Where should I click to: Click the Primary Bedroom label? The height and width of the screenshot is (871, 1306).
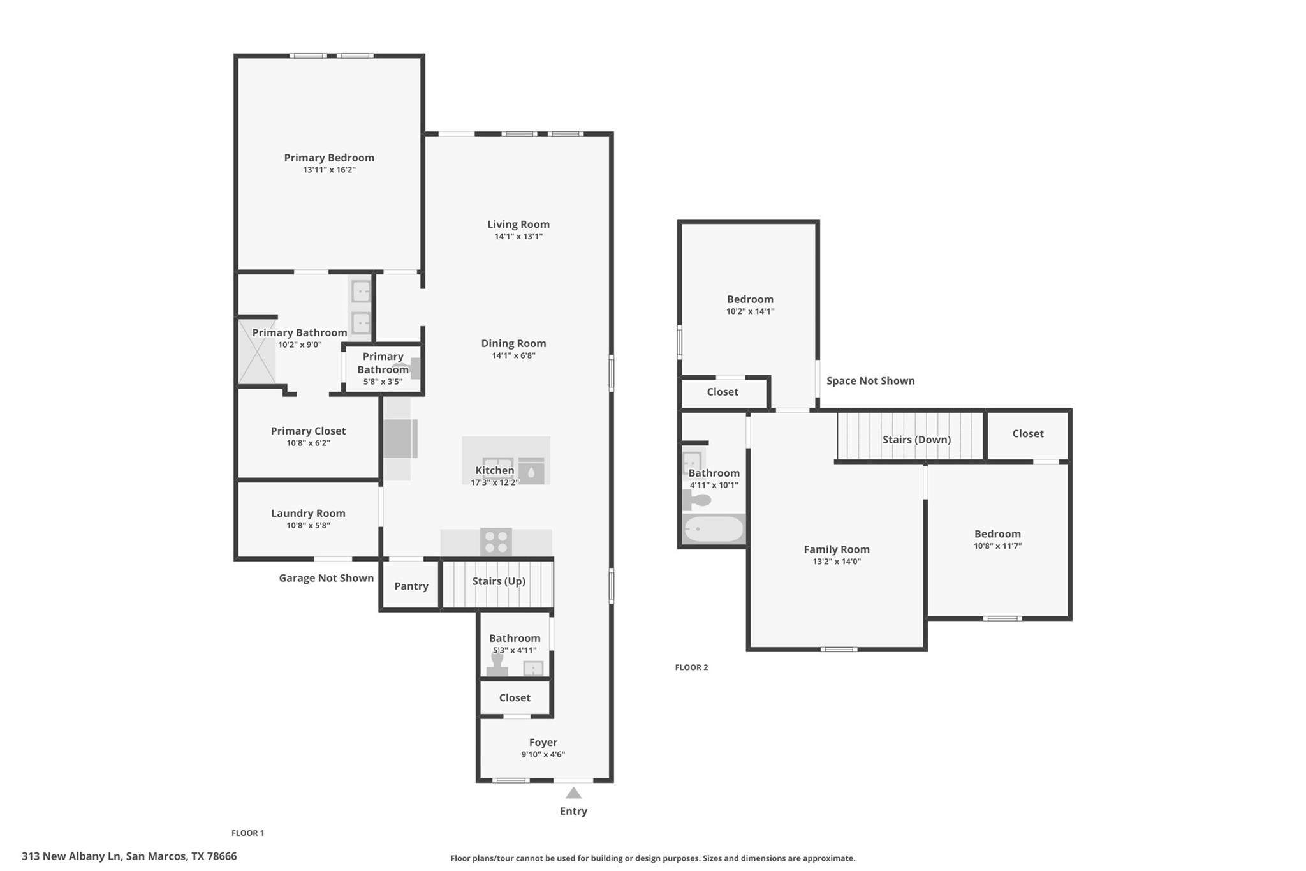coord(329,158)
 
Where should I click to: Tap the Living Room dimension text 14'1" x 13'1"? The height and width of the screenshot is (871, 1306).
coord(518,236)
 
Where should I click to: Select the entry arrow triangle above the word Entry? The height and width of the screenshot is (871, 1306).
coord(573,793)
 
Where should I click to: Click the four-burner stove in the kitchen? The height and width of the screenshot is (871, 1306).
coord(495,542)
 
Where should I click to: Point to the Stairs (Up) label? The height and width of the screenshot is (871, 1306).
coord(499,581)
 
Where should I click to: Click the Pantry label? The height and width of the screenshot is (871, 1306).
coord(411,586)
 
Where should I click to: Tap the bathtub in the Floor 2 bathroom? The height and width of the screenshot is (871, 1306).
coord(713,529)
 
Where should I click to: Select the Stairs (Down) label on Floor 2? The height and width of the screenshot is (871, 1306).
coord(916,440)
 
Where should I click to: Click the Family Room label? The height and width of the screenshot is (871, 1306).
coord(836,549)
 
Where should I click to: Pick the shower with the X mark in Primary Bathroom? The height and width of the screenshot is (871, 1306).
coord(257,352)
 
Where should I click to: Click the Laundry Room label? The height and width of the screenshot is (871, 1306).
coord(308,513)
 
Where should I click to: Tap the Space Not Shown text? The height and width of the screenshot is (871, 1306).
coord(870,381)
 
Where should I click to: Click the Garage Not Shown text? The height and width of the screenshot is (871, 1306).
coord(326,578)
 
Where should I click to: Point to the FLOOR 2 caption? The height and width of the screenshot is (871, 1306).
coord(691,667)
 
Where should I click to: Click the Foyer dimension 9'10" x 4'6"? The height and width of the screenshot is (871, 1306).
coord(543,754)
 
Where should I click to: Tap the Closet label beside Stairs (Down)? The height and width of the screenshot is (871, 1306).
coord(1027,434)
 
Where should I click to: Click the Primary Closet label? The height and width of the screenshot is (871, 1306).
coord(308,431)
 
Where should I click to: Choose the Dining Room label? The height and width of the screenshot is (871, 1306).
coord(513,343)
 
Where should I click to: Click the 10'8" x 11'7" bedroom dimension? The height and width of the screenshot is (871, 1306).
coord(997,546)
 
